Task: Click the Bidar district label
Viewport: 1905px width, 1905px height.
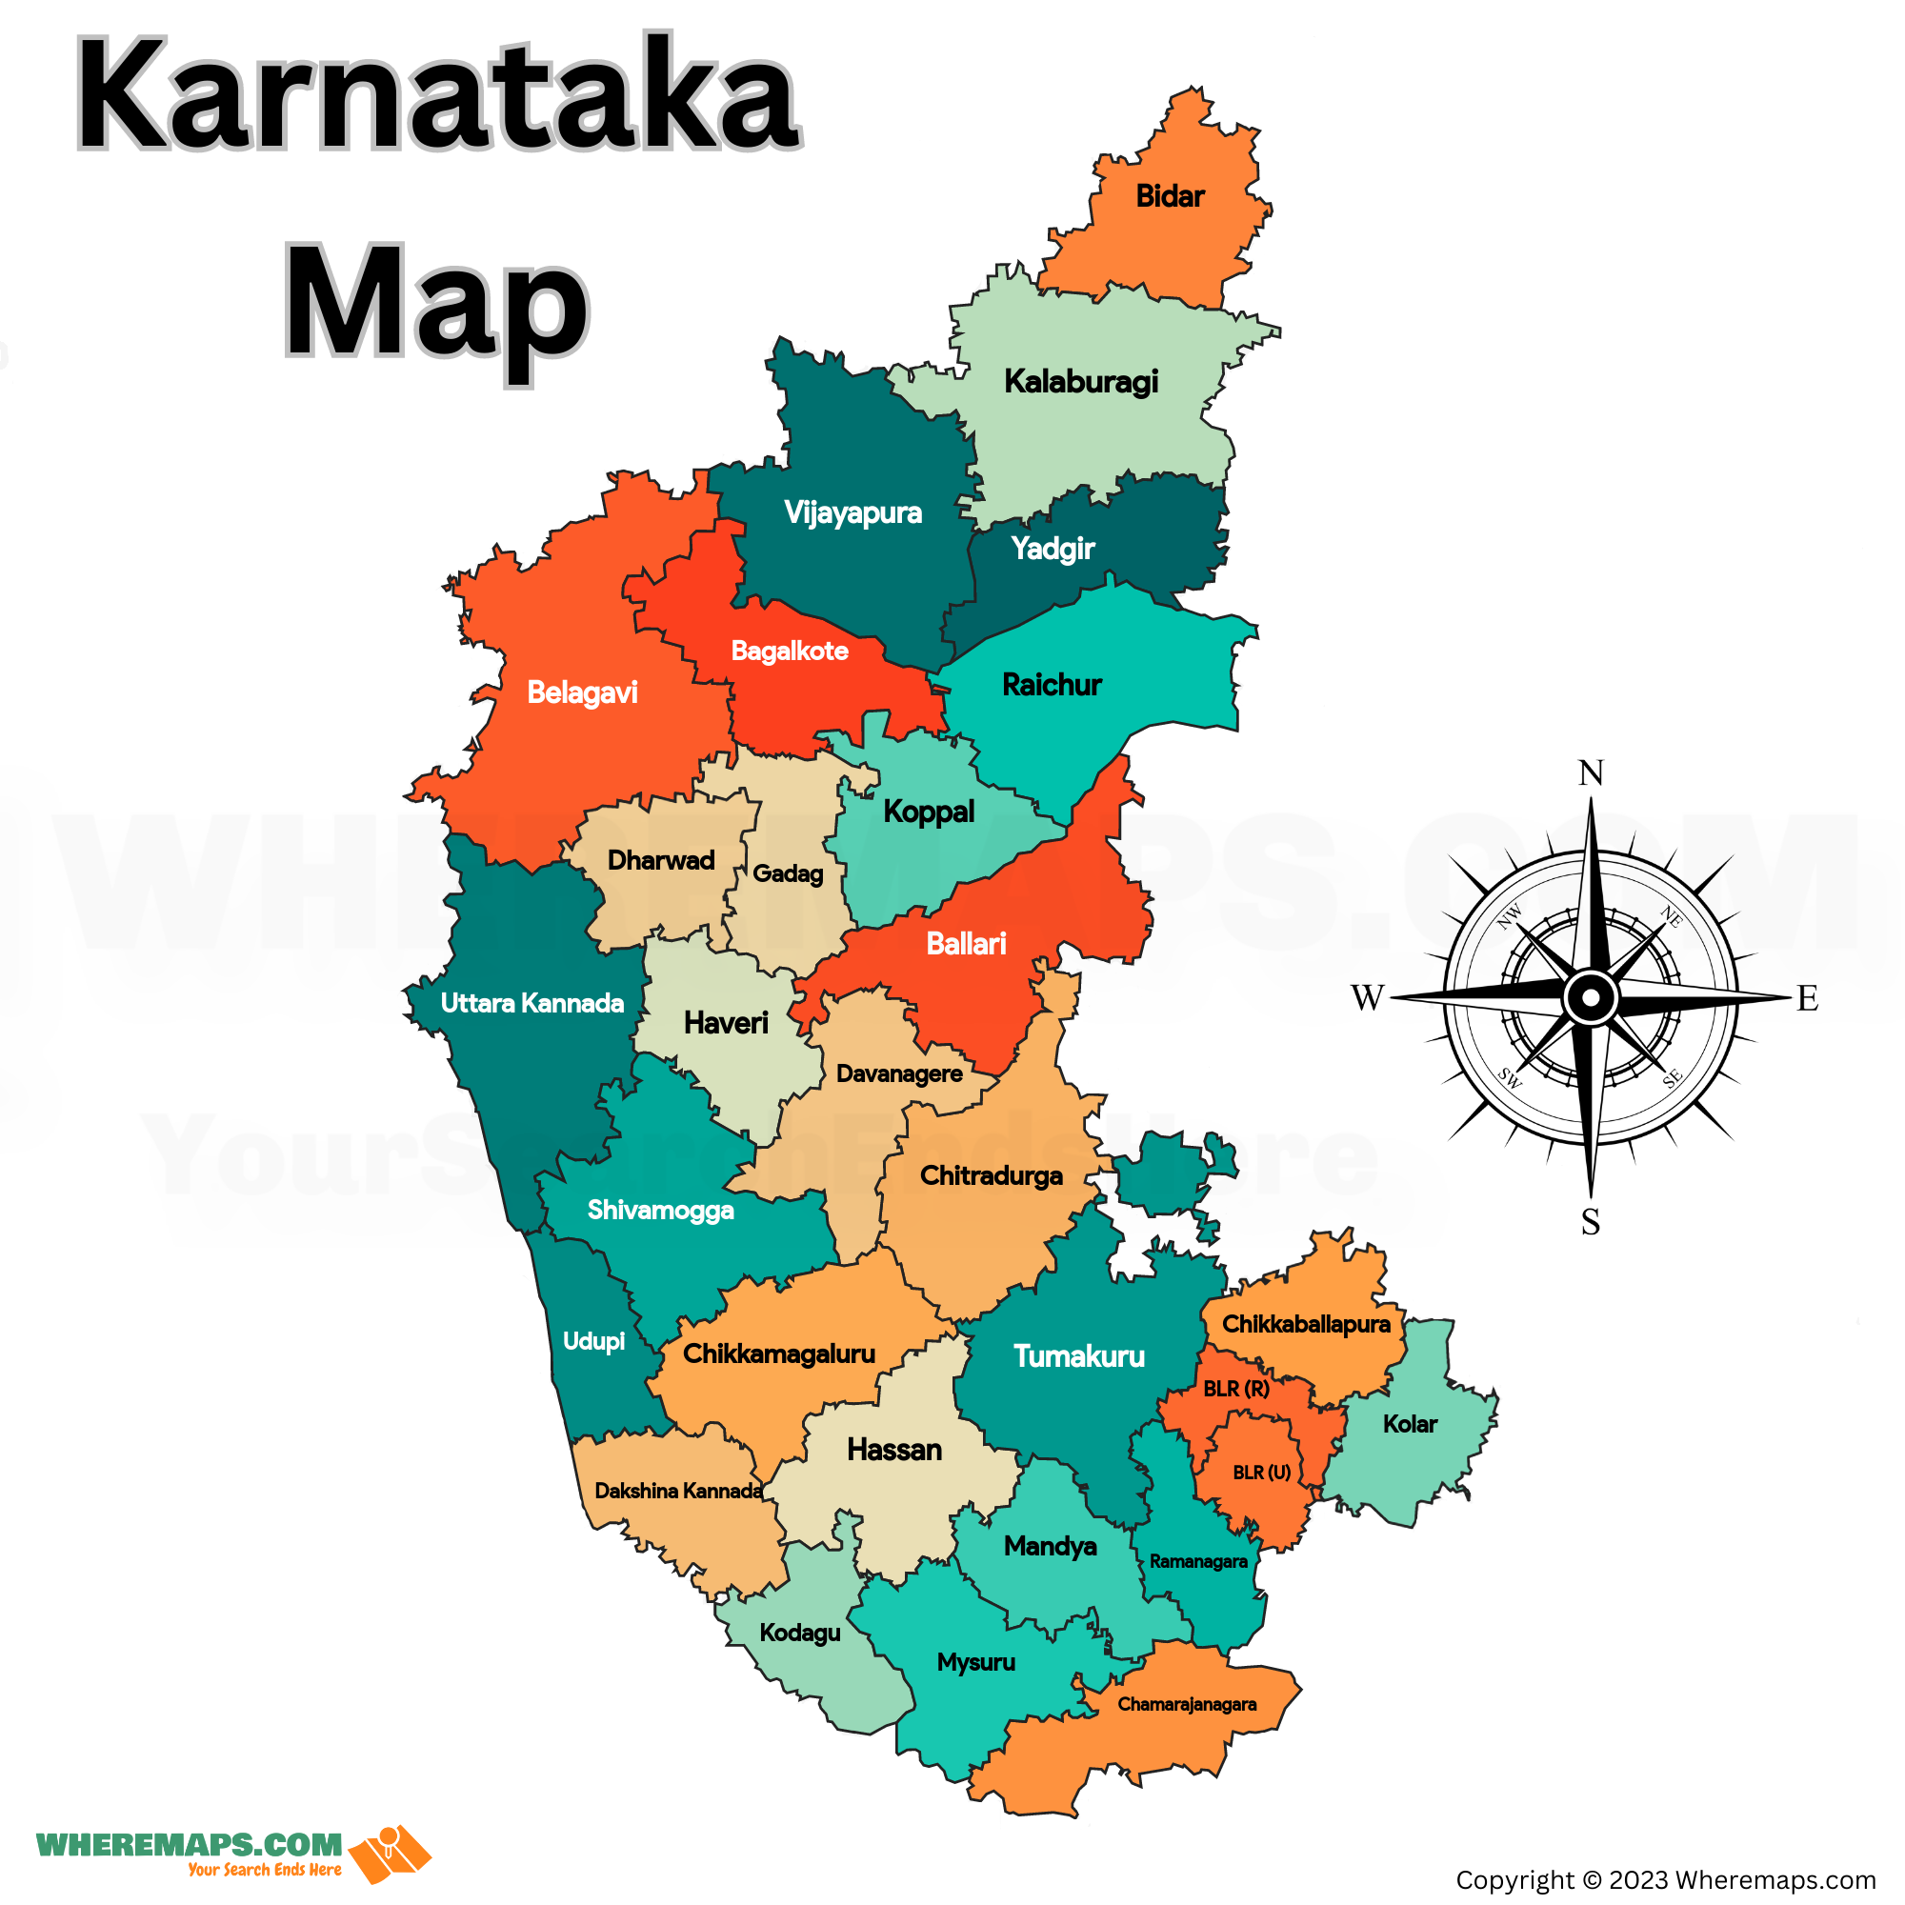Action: point(1170,196)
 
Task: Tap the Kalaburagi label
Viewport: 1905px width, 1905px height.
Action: point(1081,382)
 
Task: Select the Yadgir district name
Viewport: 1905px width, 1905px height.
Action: point(1053,549)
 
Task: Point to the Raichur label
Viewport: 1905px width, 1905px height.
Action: point(1052,684)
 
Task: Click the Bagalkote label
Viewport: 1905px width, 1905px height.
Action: point(789,651)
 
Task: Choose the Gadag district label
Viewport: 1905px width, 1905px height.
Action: point(787,873)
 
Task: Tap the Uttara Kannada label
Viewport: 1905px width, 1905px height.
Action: point(531,1003)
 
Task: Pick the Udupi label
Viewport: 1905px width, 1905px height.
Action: point(593,1341)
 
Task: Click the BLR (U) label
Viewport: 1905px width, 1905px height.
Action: point(1261,1473)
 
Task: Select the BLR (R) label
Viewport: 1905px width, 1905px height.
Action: point(1235,1389)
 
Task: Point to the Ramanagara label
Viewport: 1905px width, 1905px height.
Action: point(1198,1561)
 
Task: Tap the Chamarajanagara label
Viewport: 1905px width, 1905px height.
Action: point(1186,1704)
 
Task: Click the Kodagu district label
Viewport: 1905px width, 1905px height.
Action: point(800,1633)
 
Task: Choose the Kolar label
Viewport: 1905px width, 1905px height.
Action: point(1409,1424)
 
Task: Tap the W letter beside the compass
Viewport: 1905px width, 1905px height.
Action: point(1368,998)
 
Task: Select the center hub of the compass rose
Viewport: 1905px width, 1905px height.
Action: point(1590,998)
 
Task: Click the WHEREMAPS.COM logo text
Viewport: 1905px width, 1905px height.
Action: point(190,1845)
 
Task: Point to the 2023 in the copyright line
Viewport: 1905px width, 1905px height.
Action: point(1637,1880)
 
